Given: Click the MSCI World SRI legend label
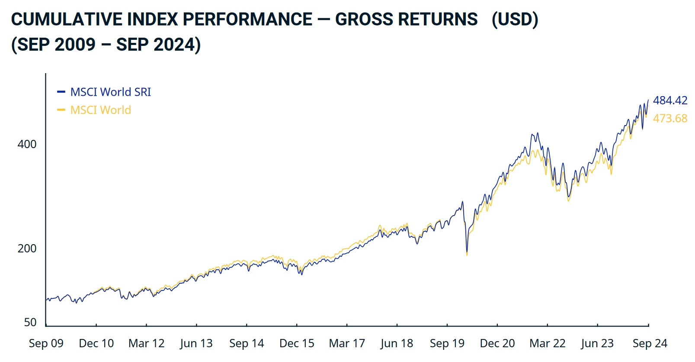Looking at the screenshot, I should [110, 92].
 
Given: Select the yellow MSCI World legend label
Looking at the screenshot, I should [100, 110].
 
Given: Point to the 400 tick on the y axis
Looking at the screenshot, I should [27, 144].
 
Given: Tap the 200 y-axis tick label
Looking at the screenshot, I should [27, 249].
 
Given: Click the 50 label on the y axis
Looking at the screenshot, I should [30, 322].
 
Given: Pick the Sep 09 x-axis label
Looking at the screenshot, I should [46, 343].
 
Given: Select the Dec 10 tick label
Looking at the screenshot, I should [96, 343].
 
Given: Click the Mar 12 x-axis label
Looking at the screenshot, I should [146, 343].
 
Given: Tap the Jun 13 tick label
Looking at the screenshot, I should [196, 343].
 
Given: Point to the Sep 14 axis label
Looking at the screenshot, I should [247, 343].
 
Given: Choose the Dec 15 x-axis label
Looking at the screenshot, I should [297, 343].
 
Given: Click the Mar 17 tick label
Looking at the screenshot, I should [347, 343].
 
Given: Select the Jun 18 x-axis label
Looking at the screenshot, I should [397, 343].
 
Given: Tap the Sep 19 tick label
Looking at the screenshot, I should [447, 343].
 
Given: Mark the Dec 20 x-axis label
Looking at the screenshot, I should [497, 343].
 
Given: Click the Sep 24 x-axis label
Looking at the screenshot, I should [650, 343].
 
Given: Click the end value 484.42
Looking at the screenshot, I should [670, 100].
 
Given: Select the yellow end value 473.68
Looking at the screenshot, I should [670, 118].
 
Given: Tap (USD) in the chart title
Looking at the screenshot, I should [515, 19].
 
